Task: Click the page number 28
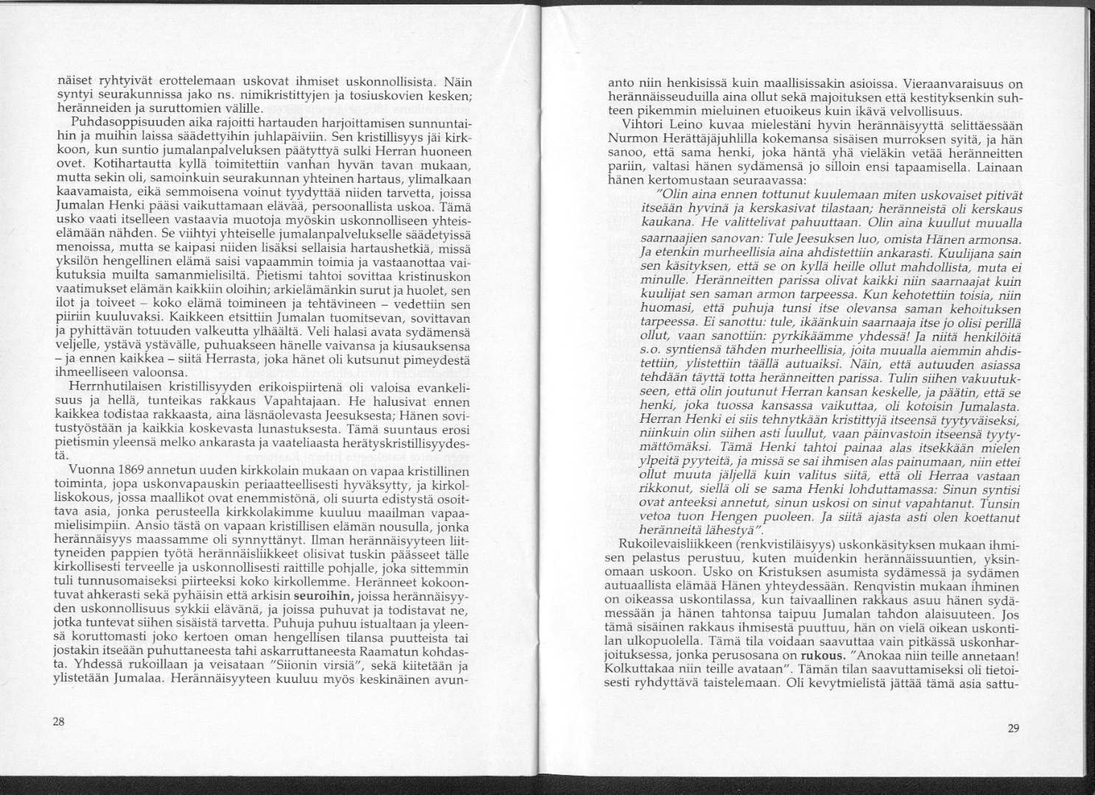pos(59,721)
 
